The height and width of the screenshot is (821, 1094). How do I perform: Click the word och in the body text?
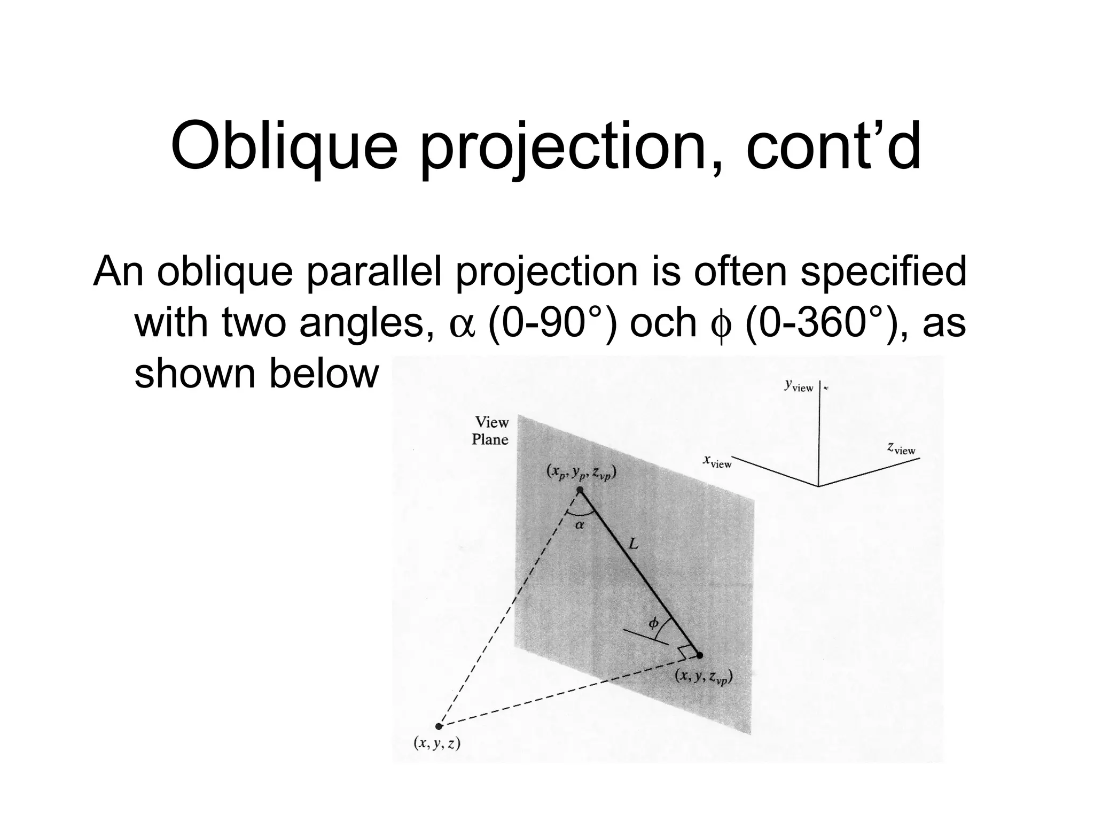point(663,323)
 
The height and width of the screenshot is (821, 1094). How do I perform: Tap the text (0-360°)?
point(822,323)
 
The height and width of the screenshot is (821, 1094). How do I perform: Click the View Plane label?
point(490,431)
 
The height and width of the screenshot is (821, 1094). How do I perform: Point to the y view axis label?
point(799,385)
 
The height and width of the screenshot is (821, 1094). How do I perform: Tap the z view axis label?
point(901,448)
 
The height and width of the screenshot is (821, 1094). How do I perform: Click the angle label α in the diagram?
point(580,525)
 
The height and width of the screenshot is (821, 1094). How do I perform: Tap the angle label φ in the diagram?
point(653,623)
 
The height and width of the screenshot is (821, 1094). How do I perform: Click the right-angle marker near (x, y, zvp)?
point(684,652)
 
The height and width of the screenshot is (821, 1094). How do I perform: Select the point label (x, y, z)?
point(437,743)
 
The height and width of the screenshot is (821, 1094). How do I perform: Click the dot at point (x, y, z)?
point(439,726)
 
